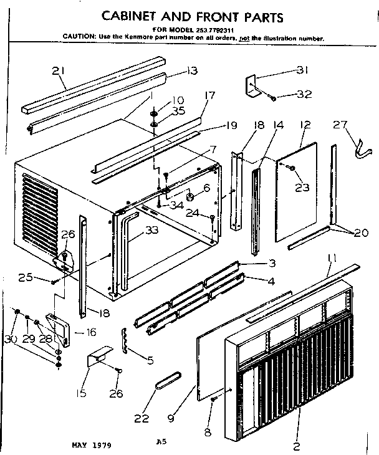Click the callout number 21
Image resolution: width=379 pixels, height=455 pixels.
(x=59, y=72)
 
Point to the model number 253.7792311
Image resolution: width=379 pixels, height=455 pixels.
(x=211, y=30)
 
